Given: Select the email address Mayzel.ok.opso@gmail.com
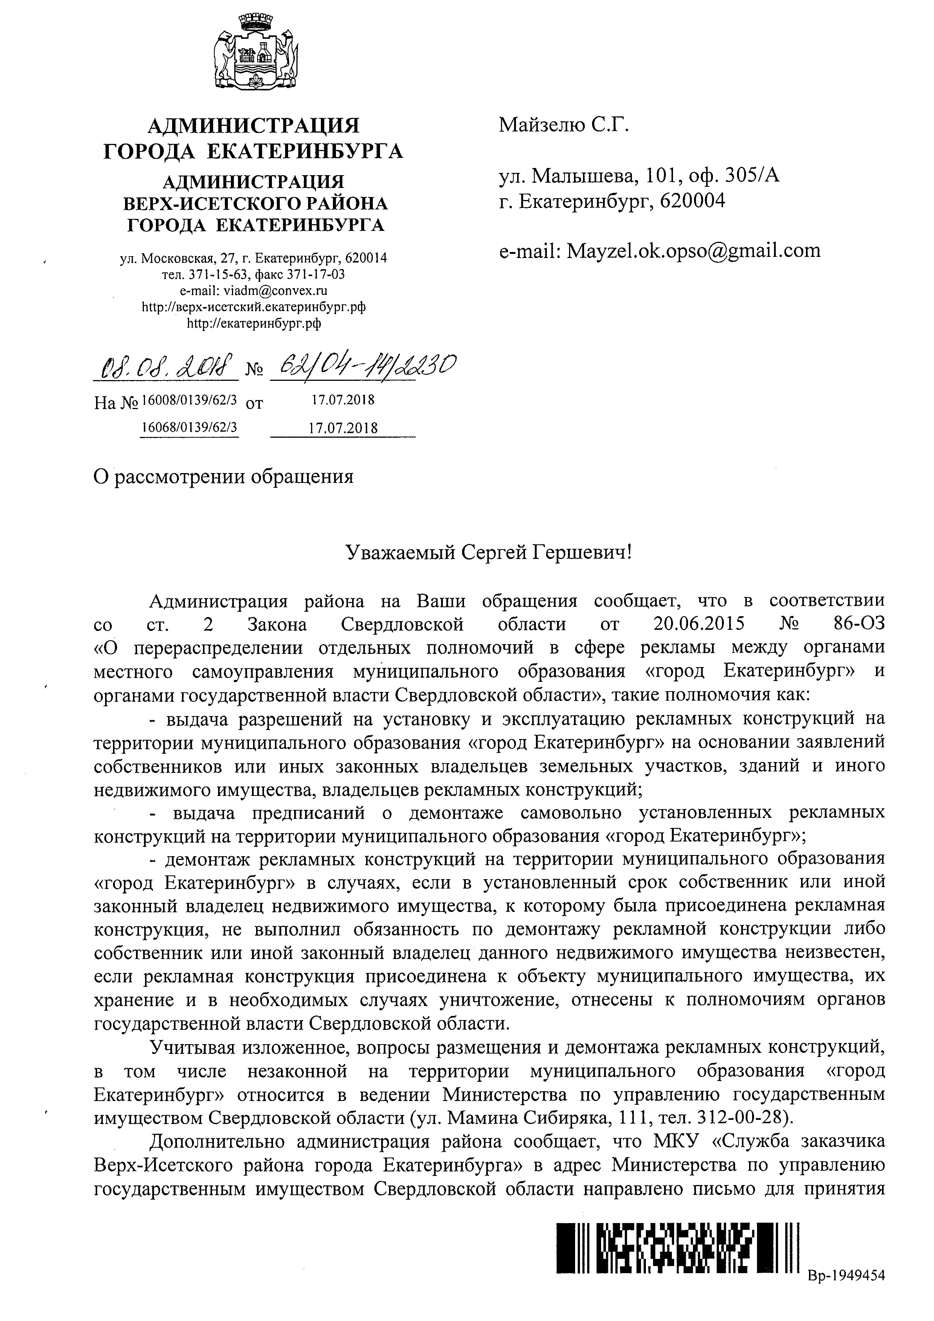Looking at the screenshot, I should (x=694, y=251).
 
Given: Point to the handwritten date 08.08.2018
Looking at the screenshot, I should (x=166, y=366).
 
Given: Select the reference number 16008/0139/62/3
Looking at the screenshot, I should (x=189, y=399).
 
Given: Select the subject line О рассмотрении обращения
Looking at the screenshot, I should (x=223, y=477).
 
